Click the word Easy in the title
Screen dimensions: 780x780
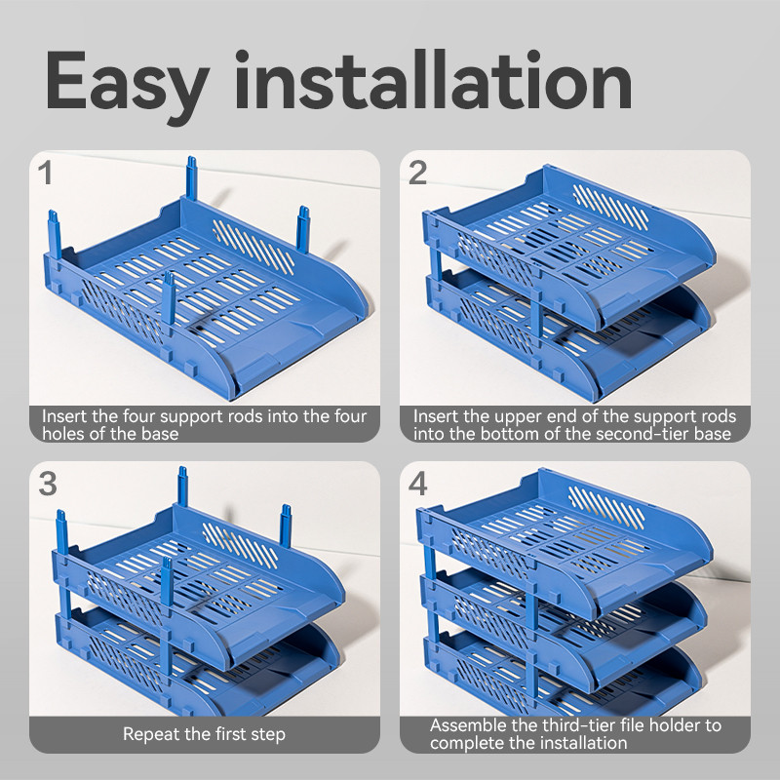pos(127,83)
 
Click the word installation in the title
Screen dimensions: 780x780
pos(433,80)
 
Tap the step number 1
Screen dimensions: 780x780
pos(45,173)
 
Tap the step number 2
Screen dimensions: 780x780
pos(417,173)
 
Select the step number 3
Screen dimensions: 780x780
pos(48,484)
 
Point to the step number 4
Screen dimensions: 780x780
pos(418,484)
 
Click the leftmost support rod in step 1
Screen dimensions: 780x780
pos(55,234)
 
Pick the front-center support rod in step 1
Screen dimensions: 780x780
pos(169,297)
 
